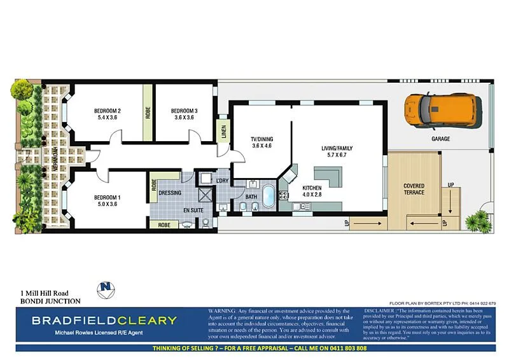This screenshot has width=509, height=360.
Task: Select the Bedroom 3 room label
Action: point(184,111)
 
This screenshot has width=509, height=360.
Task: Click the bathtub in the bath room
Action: point(269,195)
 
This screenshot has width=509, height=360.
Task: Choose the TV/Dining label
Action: point(261,139)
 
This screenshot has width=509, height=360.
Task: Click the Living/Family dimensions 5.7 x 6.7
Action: point(337,155)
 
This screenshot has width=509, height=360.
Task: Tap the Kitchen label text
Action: point(312,188)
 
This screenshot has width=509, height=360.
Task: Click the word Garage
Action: point(440,139)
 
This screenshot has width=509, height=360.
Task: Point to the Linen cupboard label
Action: point(223,132)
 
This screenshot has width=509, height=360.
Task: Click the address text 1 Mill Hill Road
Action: point(45,293)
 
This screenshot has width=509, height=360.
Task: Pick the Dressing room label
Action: point(170,193)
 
